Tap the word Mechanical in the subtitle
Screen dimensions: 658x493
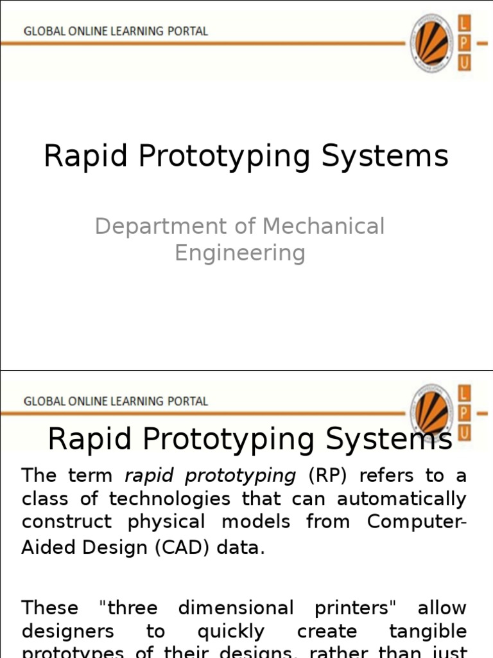324,227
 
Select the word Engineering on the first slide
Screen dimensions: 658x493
239,253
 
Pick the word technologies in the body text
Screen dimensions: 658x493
168,499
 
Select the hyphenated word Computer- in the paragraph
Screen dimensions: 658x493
417,521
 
